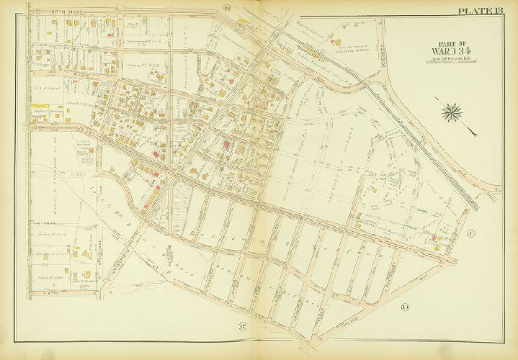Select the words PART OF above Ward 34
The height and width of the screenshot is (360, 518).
point(453,41)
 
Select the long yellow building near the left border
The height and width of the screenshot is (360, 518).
point(42,111)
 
